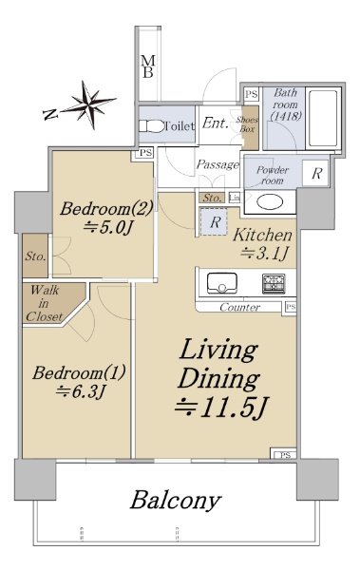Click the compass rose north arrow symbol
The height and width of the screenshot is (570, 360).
[x=89, y=104]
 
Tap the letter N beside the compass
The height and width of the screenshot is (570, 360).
[x=49, y=114]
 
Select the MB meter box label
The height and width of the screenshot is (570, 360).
[x=148, y=66]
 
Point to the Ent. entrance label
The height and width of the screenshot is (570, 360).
[x=216, y=123]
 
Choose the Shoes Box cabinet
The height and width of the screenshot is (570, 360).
[x=250, y=127]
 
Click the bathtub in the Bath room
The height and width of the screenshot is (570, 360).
[x=323, y=118]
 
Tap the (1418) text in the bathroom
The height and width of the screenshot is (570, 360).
[x=286, y=116]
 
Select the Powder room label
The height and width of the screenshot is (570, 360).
[x=273, y=175]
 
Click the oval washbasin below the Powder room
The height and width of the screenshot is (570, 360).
[x=270, y=201]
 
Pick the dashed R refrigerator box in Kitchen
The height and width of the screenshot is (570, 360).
[x=214, y=222]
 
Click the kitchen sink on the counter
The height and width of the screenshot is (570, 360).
[x=222, y=283]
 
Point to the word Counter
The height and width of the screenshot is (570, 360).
[x=240, y=308]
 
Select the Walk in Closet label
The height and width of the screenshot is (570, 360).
[x=45, y=303]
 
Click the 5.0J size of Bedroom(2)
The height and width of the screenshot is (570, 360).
[x=106, y=228]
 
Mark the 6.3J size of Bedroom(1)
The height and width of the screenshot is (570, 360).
[x=81, y=392]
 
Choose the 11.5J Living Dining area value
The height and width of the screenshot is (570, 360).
[x=221, y=408]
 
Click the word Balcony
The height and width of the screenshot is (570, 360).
[x=176, y=501]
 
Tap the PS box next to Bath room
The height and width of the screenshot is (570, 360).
[x=251, y=95]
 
